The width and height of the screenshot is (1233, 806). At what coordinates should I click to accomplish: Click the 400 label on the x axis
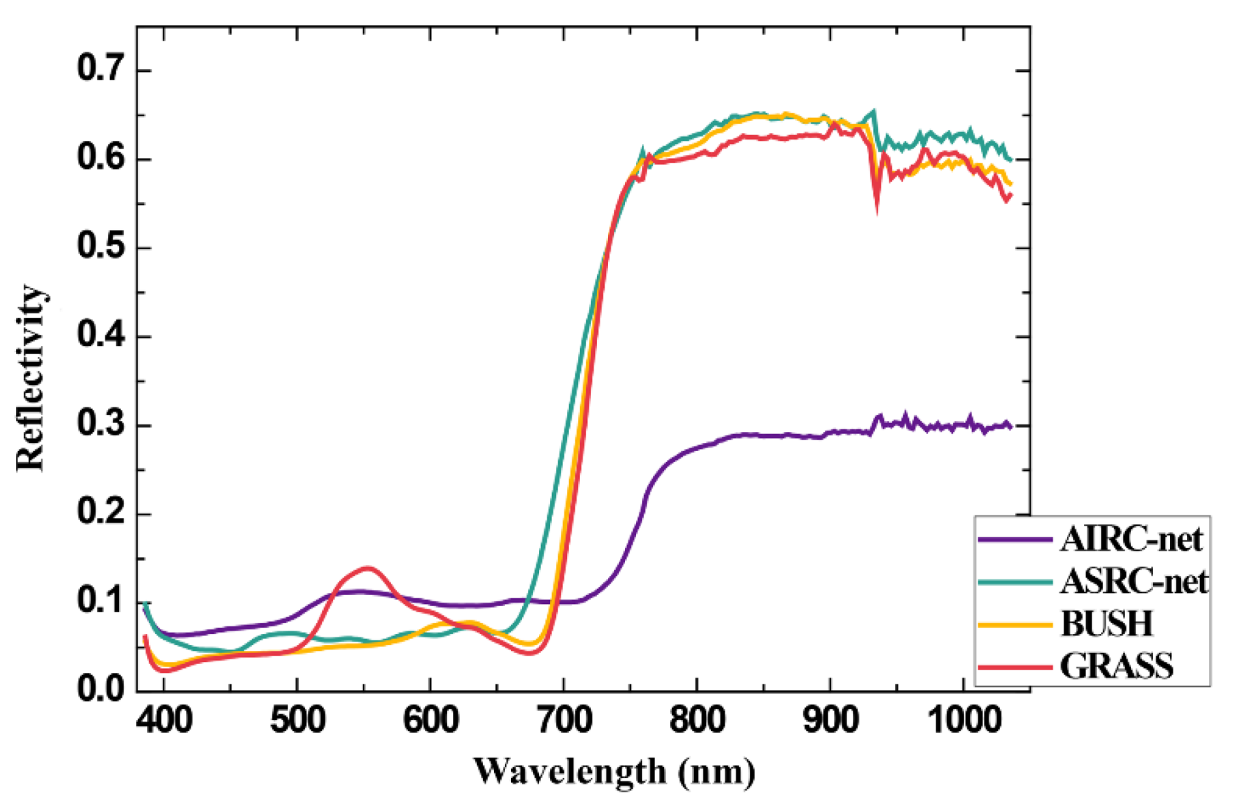coord(164,720)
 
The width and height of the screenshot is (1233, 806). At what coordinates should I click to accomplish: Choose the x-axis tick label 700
coord(563,720)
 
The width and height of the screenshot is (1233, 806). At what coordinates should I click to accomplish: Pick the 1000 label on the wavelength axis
coord(962,720)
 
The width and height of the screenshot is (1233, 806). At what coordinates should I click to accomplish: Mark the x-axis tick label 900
coord(829,720)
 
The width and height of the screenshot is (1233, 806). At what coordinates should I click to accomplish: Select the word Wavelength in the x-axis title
coord(570,772)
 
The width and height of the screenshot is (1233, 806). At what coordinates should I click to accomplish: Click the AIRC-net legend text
coord(1131,540)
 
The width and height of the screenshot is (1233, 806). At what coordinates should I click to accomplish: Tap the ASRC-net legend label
coord(1134,581)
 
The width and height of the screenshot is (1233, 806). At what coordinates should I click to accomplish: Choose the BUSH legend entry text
coord(1106,623)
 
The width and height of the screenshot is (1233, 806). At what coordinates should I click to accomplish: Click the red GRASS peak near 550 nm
coord(367,568)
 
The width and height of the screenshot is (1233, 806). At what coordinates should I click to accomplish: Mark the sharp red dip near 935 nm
coord(877,207)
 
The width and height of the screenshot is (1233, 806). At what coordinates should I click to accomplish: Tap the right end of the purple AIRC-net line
coord(1010,426)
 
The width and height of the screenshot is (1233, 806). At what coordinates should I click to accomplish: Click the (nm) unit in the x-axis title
coord(717,772)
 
